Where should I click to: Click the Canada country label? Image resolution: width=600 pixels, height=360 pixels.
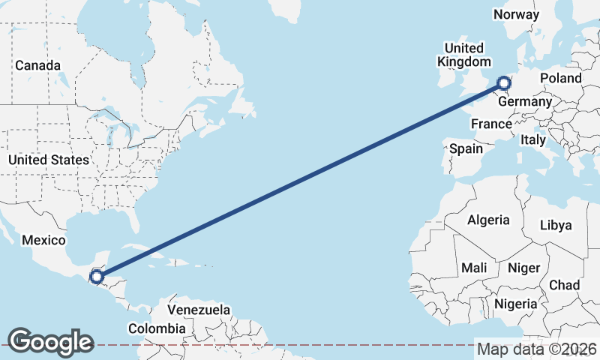point(37,66)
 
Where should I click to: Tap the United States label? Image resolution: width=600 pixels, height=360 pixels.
point(49,160)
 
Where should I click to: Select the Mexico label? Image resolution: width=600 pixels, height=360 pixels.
point(44,241)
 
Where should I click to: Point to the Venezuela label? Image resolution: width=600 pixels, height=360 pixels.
point(198,309)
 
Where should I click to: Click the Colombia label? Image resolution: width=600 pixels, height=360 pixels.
point(156,328)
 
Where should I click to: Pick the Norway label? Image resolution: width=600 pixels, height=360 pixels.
point(516,14)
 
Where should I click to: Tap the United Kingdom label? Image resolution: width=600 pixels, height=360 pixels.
point(464,55)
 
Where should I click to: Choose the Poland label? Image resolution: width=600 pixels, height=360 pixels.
point(560,78)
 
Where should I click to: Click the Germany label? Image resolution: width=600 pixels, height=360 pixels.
point(525,101)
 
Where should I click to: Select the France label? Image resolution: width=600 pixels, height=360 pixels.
point(491,124)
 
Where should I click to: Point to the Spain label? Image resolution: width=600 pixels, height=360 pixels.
point(466,148)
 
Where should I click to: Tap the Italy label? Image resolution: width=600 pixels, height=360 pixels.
point(533,140)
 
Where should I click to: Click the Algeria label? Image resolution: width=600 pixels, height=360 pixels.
point(488,220)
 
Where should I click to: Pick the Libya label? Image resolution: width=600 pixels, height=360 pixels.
point(556,225)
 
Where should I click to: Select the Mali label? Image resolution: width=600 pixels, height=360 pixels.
point(474,268)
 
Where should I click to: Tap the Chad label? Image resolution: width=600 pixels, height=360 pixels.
point(564,285)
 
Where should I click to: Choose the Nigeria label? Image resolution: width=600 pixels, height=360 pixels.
point(515,304)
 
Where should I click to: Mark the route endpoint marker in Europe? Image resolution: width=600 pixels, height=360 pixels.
point(503,83)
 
